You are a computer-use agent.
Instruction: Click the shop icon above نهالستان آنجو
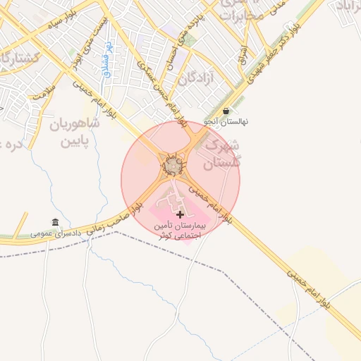226,111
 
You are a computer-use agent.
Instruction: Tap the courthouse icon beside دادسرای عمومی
56,222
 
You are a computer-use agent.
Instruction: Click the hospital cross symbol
180,213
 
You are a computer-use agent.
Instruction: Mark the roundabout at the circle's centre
173,165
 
